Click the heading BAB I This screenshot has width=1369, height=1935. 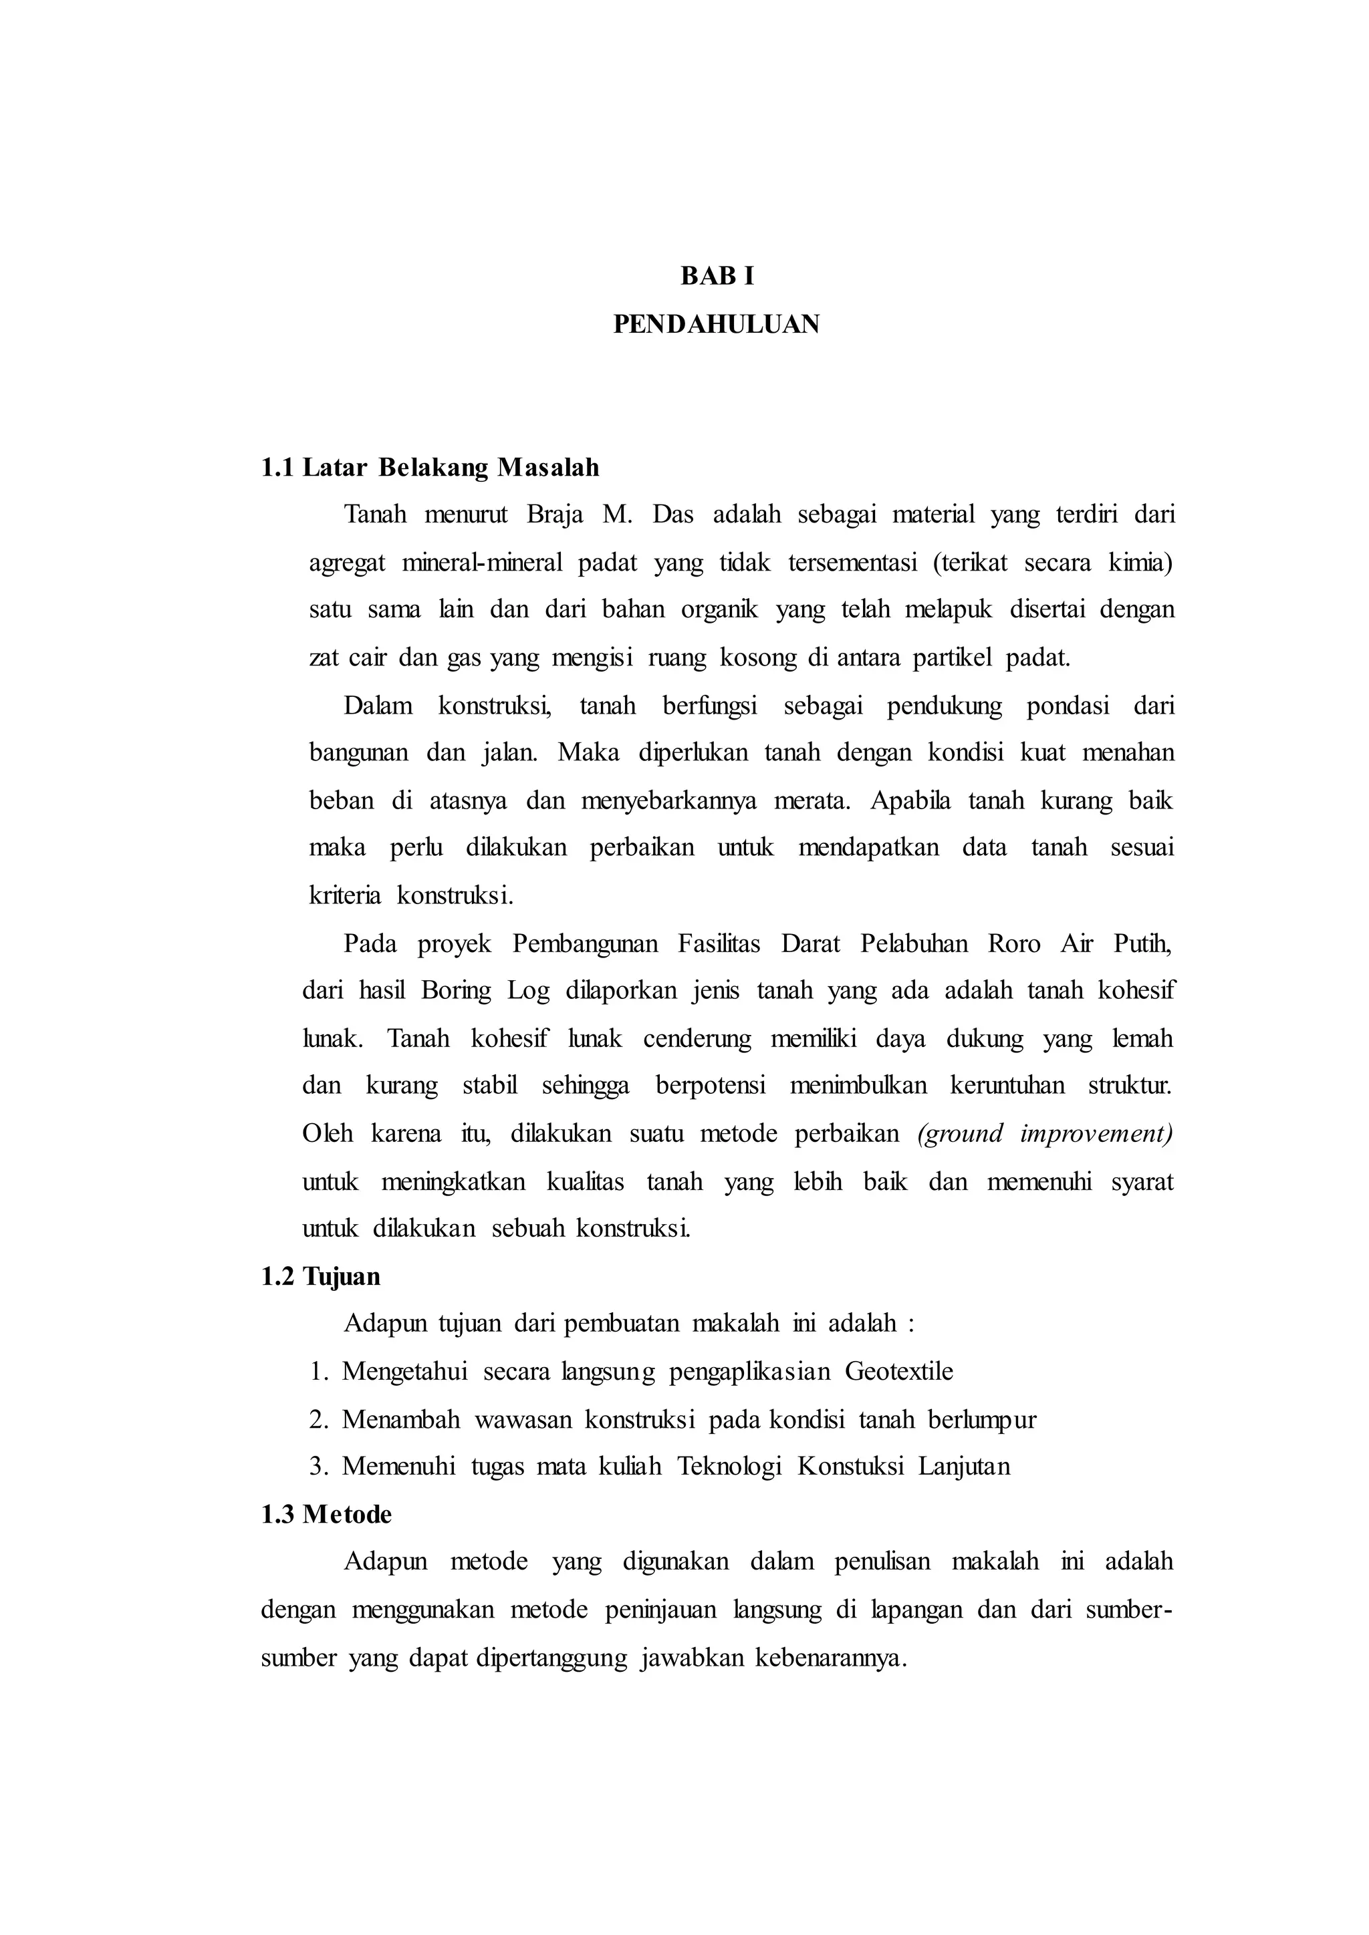pos(717,277)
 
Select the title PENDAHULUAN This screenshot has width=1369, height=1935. pos(717,325)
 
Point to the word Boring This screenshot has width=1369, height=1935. pos(455,990)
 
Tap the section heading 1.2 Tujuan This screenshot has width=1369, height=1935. pos(321,1277)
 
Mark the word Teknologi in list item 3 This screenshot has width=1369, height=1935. pos(729,1467)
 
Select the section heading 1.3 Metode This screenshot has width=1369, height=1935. pos(326,1515)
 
